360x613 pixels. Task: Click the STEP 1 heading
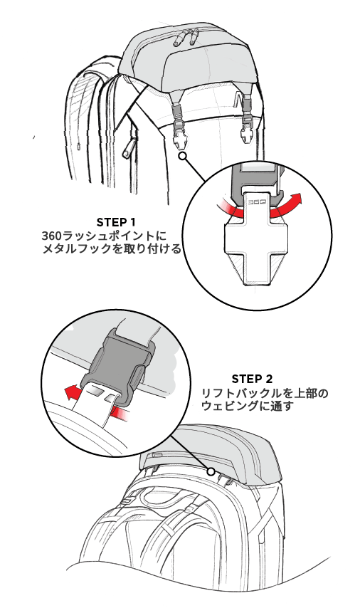click(x=116, y=222)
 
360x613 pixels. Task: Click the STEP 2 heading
click(x=252, y=379)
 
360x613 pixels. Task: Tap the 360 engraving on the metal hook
click(x=258, y=202)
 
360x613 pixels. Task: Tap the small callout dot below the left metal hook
click(x=182, y=157)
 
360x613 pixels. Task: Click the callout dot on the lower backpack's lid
click(x=211, y=471)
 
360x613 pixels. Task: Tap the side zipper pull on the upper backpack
click(x=128, y=148)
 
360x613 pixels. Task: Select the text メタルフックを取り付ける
click(x=112, y=248)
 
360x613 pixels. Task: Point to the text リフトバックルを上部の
click(x=265, y=393)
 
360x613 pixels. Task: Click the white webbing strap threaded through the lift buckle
click(x=95, y=407)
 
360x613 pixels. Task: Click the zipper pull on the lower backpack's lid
click(x=156, y=455)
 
